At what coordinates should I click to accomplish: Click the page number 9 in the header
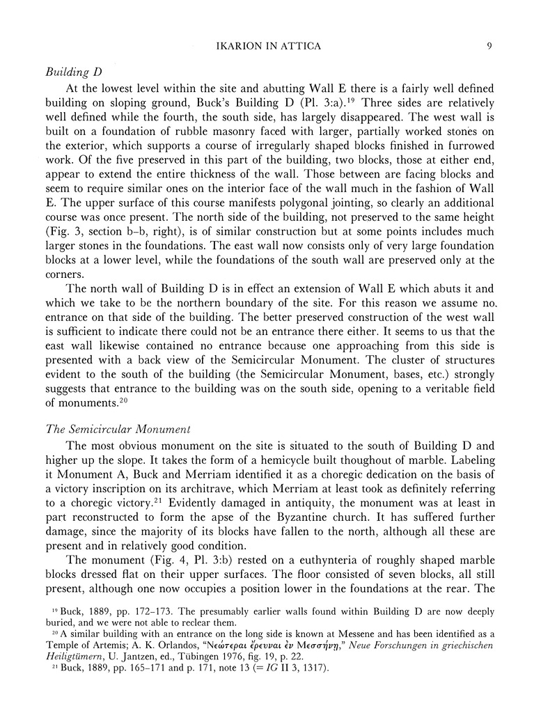pos(490,47)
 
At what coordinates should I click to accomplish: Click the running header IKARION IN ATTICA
pos(270,47)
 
